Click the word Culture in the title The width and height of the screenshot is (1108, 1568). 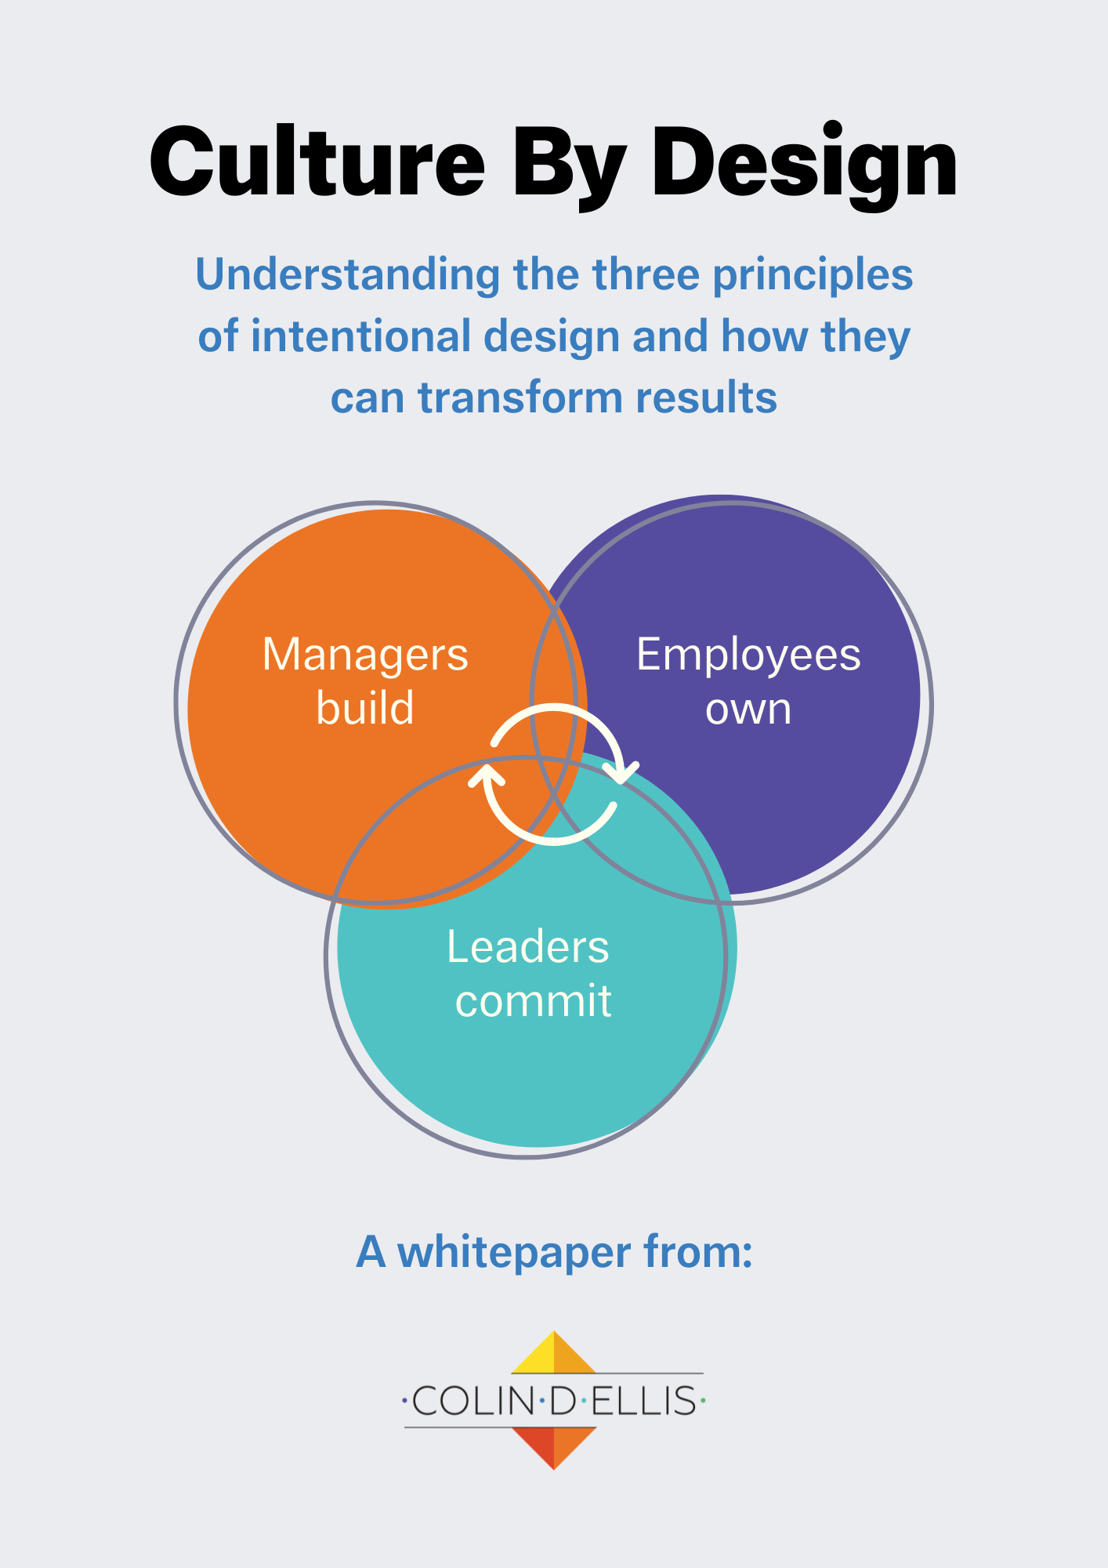pos(317,163)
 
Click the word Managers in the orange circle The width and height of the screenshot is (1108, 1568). pos(365,655)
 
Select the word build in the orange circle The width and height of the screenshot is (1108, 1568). pos(365,708)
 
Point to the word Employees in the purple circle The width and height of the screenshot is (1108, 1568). pos(748,655)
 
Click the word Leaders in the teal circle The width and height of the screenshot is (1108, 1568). pos(527,947)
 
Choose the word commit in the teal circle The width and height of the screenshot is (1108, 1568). pos(533,1001)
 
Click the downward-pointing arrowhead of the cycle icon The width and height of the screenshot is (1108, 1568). pos(624,771)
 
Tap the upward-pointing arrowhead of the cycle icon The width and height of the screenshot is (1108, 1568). pos(487,776)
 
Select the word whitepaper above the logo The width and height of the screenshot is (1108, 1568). pos(514,1251)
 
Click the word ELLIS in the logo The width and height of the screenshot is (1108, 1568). pos(643,1401)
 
